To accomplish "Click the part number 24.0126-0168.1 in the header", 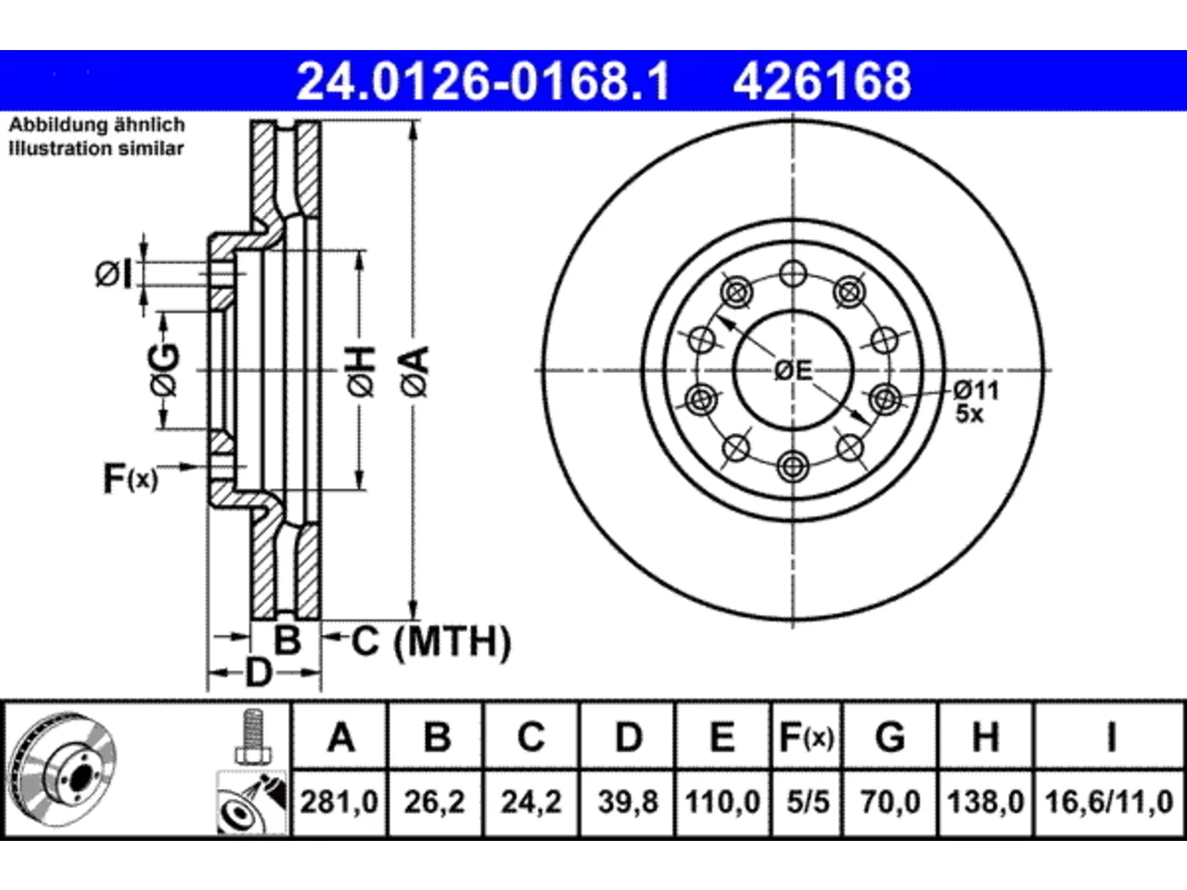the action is click(x=483, y=82).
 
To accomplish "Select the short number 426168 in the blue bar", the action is click(x=822, y=82).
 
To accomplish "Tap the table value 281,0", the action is click(x=339, y=801).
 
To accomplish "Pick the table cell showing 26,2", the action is click(x=435, y=801).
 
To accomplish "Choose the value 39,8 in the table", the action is click(x=628, y=801).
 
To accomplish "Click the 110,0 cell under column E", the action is click(x=723, y=801).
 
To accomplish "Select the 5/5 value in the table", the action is click(x=808, y=801).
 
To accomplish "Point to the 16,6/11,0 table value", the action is click(x=1110, y=801).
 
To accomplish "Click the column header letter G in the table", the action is click(x=890, y=736).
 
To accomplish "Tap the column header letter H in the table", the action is click(x=986, y=736).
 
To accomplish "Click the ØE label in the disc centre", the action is click(x=793, y=371).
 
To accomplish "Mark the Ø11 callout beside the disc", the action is click(x=976, y=389).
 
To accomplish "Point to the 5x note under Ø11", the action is click(x=970, y=414).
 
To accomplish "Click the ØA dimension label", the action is click(x=415, y=372).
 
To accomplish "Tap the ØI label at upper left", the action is click(x=113, y=274).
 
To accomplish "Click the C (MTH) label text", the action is click(x=431, y=642).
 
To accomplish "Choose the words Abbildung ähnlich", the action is click(x=96, y=125).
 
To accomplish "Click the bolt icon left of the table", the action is click(x=253, y=737).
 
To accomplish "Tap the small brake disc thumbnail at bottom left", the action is click(x=63, y=770).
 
